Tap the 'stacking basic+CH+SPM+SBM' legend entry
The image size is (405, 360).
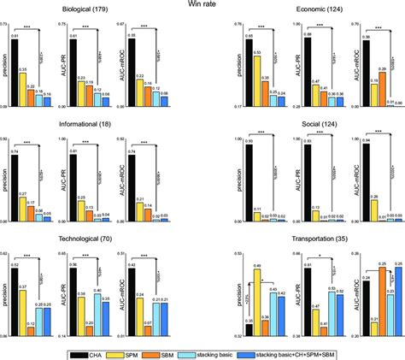329,351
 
